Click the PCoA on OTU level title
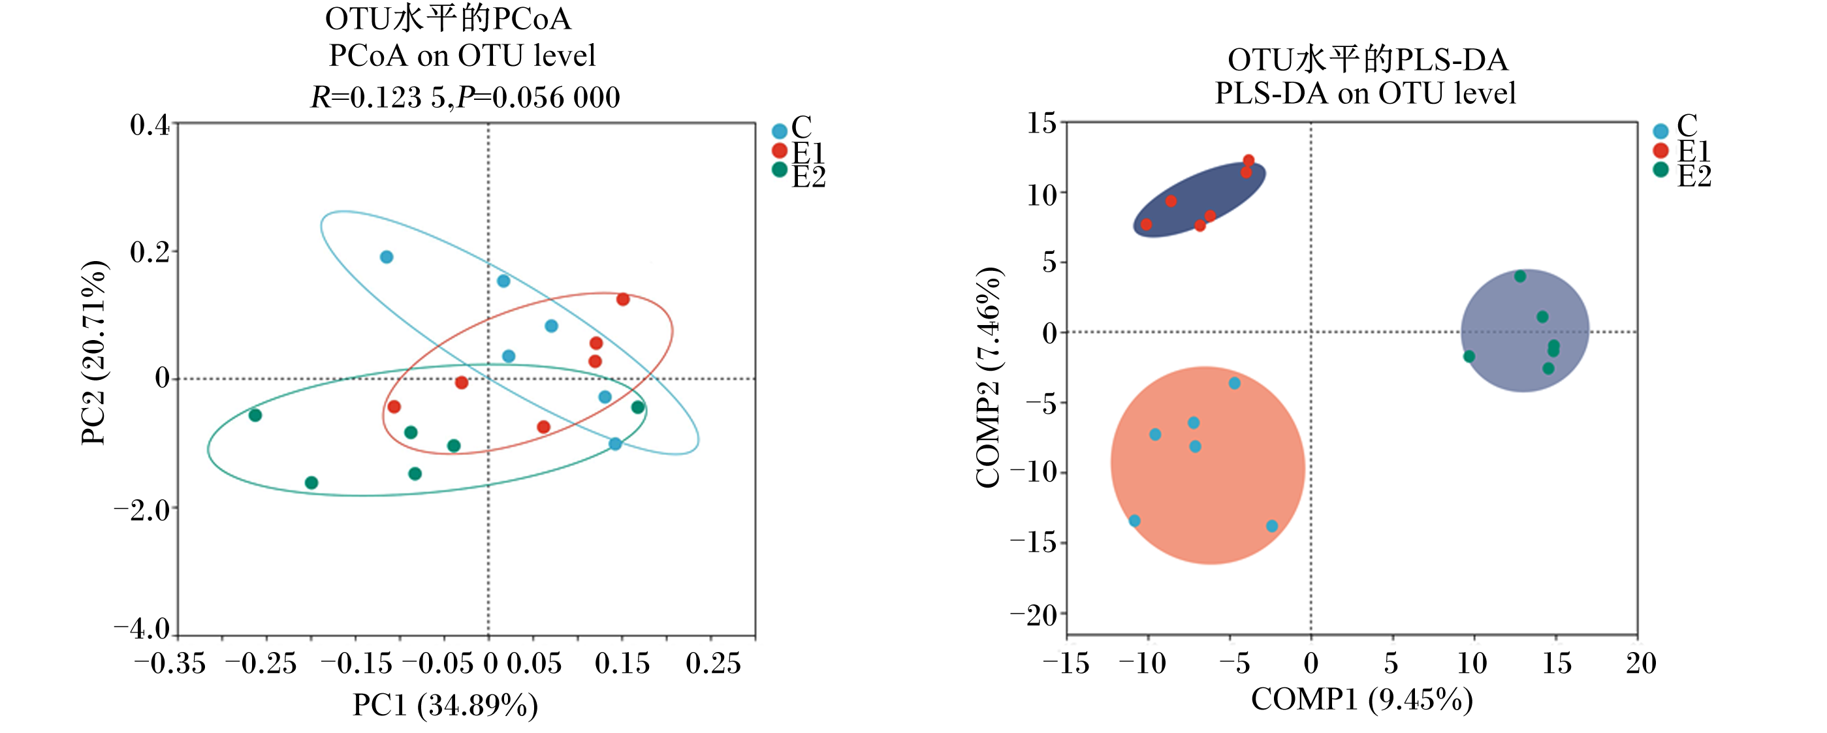pos(462,55)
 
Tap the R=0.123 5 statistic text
pos(379,97)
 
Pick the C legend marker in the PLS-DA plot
pos(1661,131)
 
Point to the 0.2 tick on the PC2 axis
pos(150,252)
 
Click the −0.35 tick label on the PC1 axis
pos(170,664)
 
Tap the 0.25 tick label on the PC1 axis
pos(714,664)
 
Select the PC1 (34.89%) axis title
pos(445,706)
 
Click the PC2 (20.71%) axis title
pos(93,353)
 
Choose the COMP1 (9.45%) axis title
pos(1361,700)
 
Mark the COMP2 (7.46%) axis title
pos(988,378)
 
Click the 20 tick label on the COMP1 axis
pos(1641,664)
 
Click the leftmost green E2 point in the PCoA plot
pos(255,415)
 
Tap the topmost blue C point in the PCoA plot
pos(387,257)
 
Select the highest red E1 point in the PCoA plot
pos(623,300)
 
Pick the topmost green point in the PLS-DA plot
pos(1520,277)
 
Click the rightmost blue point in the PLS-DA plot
pos(1272,527)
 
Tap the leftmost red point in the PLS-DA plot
pos(1146,225)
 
